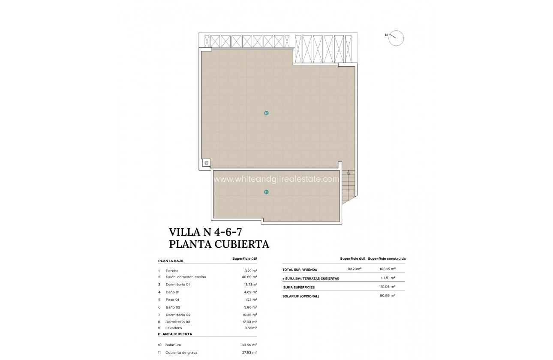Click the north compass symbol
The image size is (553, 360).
click(x=396, y=38)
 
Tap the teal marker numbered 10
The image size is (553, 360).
click(x=266, y=113)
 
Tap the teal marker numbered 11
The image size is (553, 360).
click(x=266, y=192)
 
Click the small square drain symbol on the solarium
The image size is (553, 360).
click(x=206, y=163)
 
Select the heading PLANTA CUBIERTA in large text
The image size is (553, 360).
click(x=219, y=244)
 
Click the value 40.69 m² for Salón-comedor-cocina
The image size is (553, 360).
click(x=249, y=277)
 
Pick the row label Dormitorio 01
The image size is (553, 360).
click(x=177, y=284)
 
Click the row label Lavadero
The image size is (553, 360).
click(x=174, y=328)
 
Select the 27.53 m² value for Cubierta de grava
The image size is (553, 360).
click(x=249, y=352)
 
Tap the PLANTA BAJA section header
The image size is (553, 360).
click(x=171, y=261)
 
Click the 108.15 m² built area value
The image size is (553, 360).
click(x=387, y=269)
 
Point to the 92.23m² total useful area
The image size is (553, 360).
click(x=354, y=269)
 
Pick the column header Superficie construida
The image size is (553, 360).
click(x=387, y=259)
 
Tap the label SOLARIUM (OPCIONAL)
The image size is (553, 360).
click(x=301, y=296)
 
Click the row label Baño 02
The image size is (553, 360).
click(x=173, y=307)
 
